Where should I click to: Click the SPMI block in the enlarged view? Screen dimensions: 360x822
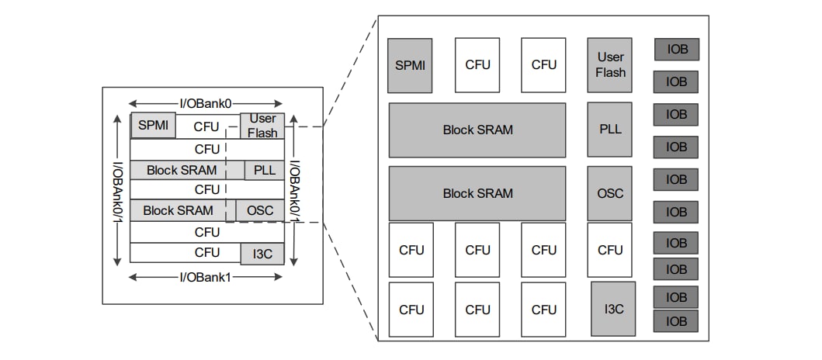[x=410, y=65]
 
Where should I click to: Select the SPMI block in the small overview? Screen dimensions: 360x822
[x=153, y=125]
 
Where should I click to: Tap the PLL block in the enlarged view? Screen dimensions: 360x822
[x=609, y=129]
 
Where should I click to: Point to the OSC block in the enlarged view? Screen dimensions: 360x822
[x=609, y=193]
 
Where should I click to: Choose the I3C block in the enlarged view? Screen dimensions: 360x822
[x=613, y=309]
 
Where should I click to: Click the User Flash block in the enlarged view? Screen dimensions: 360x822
[x=609, y=65]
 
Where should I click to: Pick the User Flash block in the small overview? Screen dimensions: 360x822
[x=262, y=126]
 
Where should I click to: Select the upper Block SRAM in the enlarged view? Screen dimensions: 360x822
[x=477, y=129]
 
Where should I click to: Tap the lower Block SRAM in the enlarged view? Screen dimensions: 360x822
[x=477, y=193]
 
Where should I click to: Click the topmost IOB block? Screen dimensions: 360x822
[x=676, y=50]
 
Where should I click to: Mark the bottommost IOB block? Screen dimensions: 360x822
[x=676, y=321]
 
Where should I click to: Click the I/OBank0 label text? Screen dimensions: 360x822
[x=206, y=103]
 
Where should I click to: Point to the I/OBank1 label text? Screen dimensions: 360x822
[x=206, y=276]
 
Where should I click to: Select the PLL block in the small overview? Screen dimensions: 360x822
[x=265, y=170]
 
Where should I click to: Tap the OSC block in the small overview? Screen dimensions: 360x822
[x=260, y=210]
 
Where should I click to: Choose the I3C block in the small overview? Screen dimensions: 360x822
[x=262, y=253]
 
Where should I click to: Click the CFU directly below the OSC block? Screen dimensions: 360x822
[x=609, y=250]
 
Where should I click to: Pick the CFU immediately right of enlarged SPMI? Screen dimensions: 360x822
[x=477, y=65]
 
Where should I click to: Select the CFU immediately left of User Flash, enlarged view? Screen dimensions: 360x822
[x=543, y=65]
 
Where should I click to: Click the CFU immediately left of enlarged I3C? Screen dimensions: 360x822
[x=543, y=309]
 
